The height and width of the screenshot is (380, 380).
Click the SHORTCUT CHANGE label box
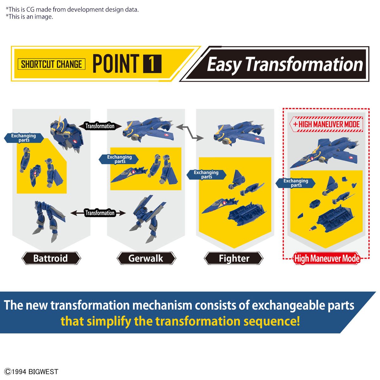[52, 64]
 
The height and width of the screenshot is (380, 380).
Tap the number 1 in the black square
[152, 64]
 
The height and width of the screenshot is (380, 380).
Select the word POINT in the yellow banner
[116, 64]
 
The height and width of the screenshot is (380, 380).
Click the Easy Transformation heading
[285, 64]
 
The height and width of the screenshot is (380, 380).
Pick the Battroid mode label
[51, 258]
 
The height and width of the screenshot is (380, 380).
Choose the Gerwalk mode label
[146, 258]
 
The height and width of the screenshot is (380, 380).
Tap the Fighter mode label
[234, 258]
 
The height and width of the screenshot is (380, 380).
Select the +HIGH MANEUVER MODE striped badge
[326, 124]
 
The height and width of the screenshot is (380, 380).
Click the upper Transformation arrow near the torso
[100, 126]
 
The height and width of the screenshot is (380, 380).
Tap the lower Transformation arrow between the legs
[98, 213]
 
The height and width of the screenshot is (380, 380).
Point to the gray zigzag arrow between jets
[190, 132]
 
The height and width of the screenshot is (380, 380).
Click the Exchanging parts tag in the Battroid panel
[24, 138]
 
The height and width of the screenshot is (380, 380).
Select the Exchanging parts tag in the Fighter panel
[206, 174]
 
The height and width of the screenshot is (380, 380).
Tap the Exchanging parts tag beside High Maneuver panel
[295, 183]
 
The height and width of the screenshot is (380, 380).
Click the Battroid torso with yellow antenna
[66, 134]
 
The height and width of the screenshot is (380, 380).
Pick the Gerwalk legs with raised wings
[147, 218]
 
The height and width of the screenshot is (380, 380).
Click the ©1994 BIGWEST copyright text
[31, 372]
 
